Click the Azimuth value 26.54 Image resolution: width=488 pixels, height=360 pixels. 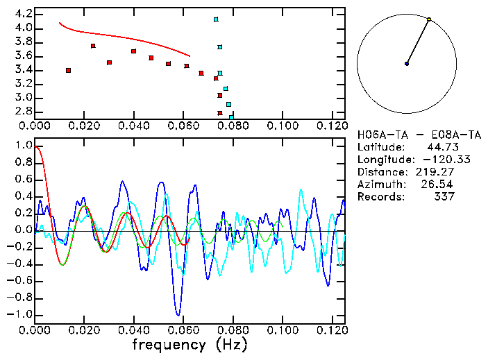coord(440,185)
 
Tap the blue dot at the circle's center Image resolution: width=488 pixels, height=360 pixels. coord(407,64)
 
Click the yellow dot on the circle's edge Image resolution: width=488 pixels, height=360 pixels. coord(429,19)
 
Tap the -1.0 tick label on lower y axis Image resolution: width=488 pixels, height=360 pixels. coord(21,315)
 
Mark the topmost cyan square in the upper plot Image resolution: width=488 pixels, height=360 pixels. coord(216,19)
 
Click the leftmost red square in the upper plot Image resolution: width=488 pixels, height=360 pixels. coord(68,70)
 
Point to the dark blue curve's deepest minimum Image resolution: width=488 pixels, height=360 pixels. coord(178,314)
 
